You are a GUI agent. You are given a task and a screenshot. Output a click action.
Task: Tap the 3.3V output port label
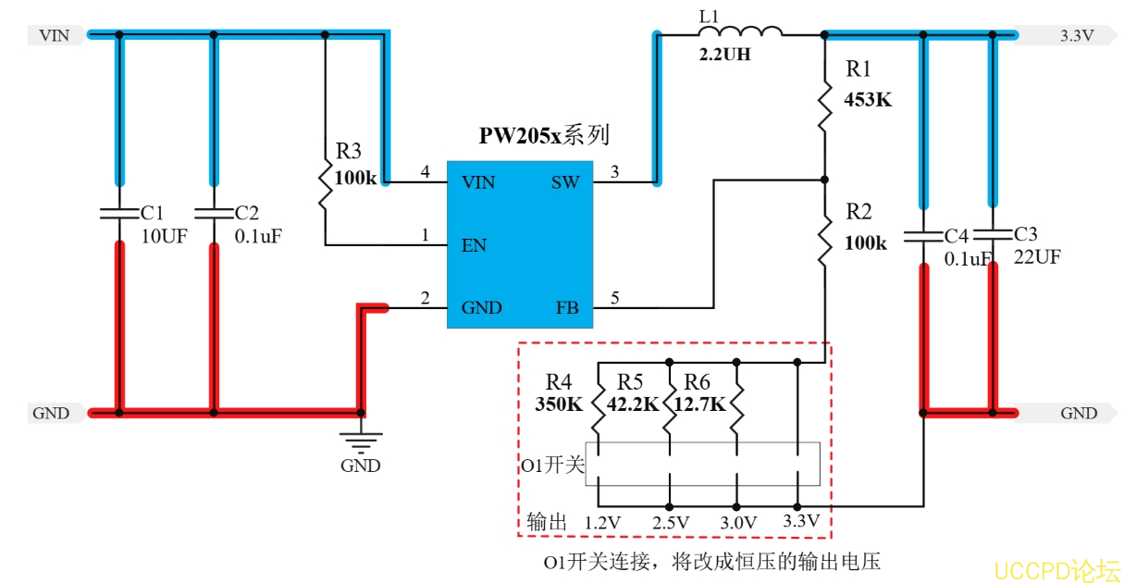tap(1076, 36)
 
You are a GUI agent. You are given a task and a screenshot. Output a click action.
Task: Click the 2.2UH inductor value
tap(724, 56)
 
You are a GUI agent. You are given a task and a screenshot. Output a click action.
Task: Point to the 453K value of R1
tap(868, 100)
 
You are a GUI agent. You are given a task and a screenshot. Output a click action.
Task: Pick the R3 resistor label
tap(349, 151)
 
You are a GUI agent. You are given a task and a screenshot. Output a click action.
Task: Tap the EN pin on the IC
tap(474, 246)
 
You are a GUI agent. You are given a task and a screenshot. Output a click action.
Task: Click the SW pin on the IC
tap(564, 182)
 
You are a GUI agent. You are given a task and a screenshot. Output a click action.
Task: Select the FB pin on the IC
tap(566, 307)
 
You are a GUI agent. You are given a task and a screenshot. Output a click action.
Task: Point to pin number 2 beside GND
tap(425, 298)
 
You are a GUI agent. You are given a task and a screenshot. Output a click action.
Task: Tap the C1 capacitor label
tap(152, 214)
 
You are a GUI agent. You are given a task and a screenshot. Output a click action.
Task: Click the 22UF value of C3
tap(1036, 257)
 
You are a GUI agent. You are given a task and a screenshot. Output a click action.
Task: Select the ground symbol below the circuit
tap(360, 441)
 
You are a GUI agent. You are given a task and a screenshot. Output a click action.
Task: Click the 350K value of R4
tap(560, 404)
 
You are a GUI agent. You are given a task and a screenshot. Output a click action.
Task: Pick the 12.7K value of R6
tap(699, 404)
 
